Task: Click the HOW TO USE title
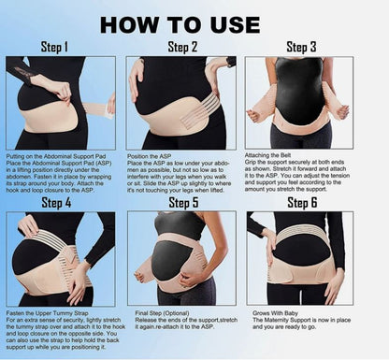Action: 194,22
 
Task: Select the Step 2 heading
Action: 181,46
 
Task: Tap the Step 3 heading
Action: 301,47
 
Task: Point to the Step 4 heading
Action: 56,202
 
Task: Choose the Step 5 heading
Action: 182,202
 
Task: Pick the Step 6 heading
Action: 302,202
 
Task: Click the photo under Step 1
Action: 61,103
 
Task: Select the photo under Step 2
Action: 181,103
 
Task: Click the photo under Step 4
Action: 61,258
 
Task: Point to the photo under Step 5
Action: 181,258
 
